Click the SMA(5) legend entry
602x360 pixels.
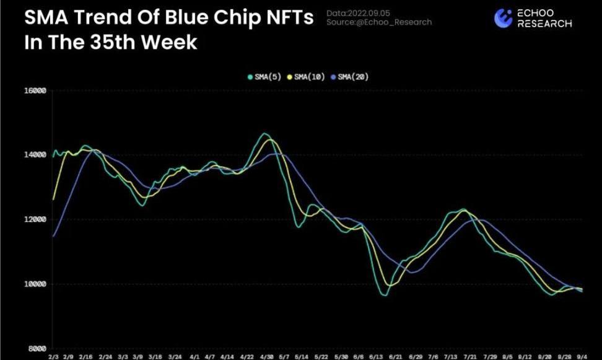click(x=265, y=77)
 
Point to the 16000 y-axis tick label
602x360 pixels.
click(x=35, y=91)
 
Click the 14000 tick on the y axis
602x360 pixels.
click(x=35, y=155)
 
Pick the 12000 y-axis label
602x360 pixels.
click(x=35, y=220)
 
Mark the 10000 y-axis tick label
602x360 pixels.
click(x=35, y=284)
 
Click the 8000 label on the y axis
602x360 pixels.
click(x=37, y=349)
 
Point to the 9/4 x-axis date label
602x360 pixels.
click(x=582, y=357)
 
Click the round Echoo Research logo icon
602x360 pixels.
click(x=502, y=19)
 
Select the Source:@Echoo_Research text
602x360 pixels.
click(x=379, y=22)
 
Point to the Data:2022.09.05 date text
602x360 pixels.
click(x=359, y=13)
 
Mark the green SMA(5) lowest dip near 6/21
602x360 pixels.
click(x=384, y=296)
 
